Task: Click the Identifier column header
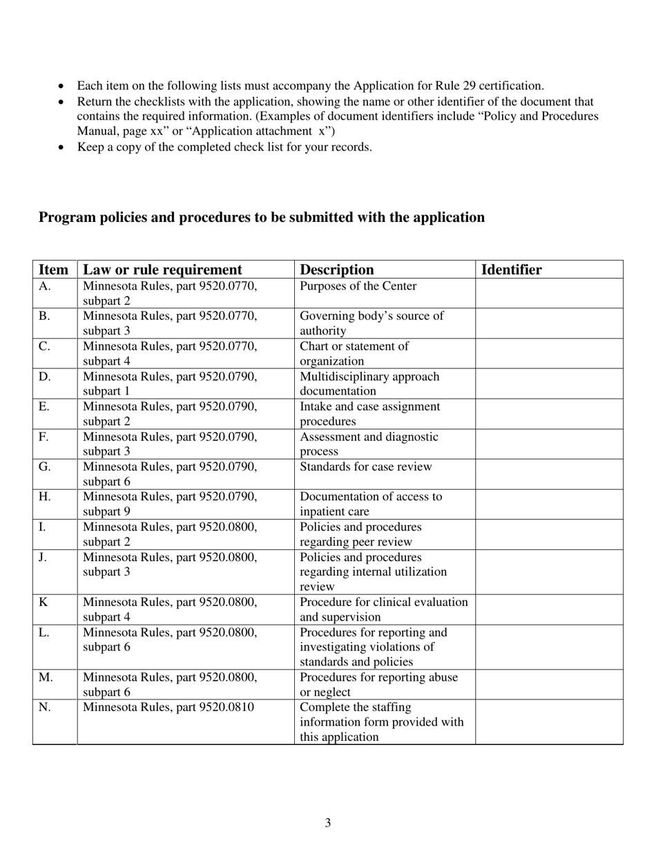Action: (x=511, y=270)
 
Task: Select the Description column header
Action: (x=337, y=270)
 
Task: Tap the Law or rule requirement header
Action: (x=162, y=270)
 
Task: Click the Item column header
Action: (x=54, y=270)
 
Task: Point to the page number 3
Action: (x=327, y=822)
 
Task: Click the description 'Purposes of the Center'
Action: (x=358, y=286)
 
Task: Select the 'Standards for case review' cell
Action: (x=365, y=467)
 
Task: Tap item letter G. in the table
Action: (x=44, y=467)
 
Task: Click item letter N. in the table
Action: (x=45, y=708)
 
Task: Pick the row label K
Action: (x=43, y=602)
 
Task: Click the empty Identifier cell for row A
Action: (x=548, y=293)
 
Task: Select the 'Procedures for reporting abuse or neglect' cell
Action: (x=378, y=684)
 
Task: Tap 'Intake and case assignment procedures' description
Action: (x=369, y=414)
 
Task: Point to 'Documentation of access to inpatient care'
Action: (x=371, y=504)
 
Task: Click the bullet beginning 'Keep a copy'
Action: (x=224, y=147)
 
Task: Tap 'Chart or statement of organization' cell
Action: (x=354, y=353)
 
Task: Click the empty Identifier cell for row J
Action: (x=548, y=572)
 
